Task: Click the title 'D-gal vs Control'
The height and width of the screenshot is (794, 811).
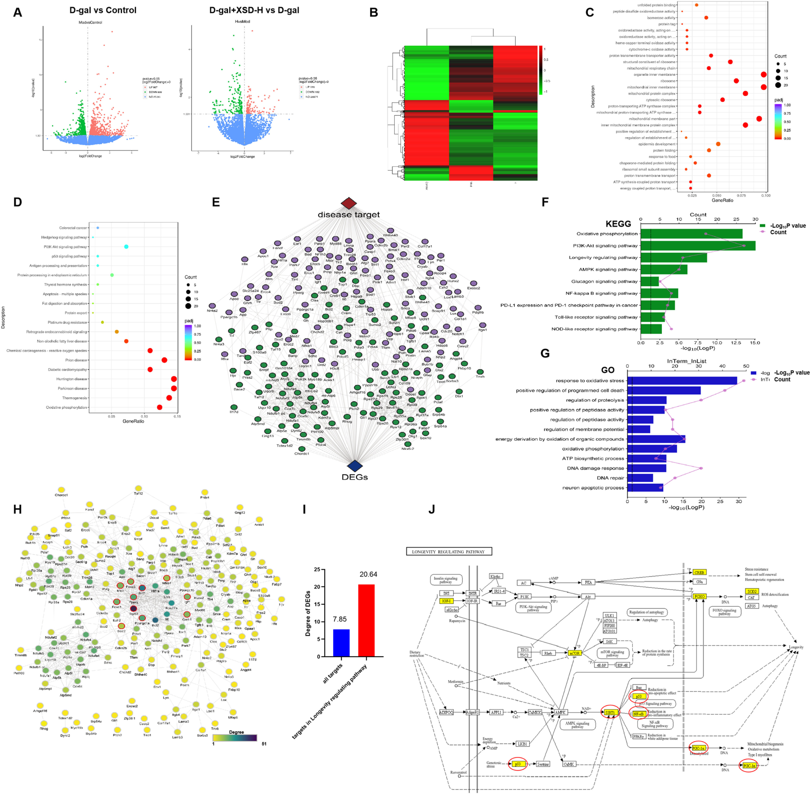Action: pyautogui.click(x=103, y=10)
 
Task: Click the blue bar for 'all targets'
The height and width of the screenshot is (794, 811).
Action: pyautogui.click(x=341, y=643)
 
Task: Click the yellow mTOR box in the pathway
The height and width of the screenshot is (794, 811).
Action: pyautogui.click(x=575, y=653)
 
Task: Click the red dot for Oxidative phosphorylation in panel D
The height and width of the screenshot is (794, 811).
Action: pyautogui.click(x=159, y=407)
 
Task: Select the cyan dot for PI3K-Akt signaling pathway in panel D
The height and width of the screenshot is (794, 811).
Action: pyautogui.click(x=126, y=247)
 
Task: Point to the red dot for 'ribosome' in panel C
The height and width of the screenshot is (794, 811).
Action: pyautogui.click(x=736, y=81)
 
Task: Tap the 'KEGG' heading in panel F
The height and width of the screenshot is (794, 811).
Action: pyautogui.click(x=618, y=224)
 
